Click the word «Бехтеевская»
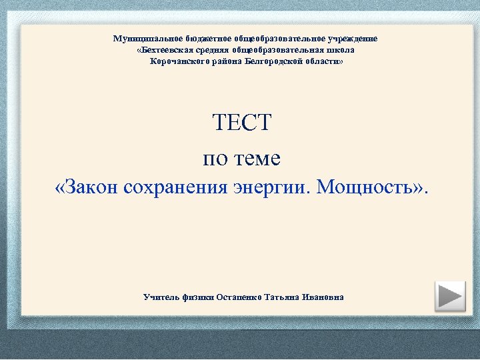coord(164,50)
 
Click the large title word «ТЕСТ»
coord(242,123)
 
